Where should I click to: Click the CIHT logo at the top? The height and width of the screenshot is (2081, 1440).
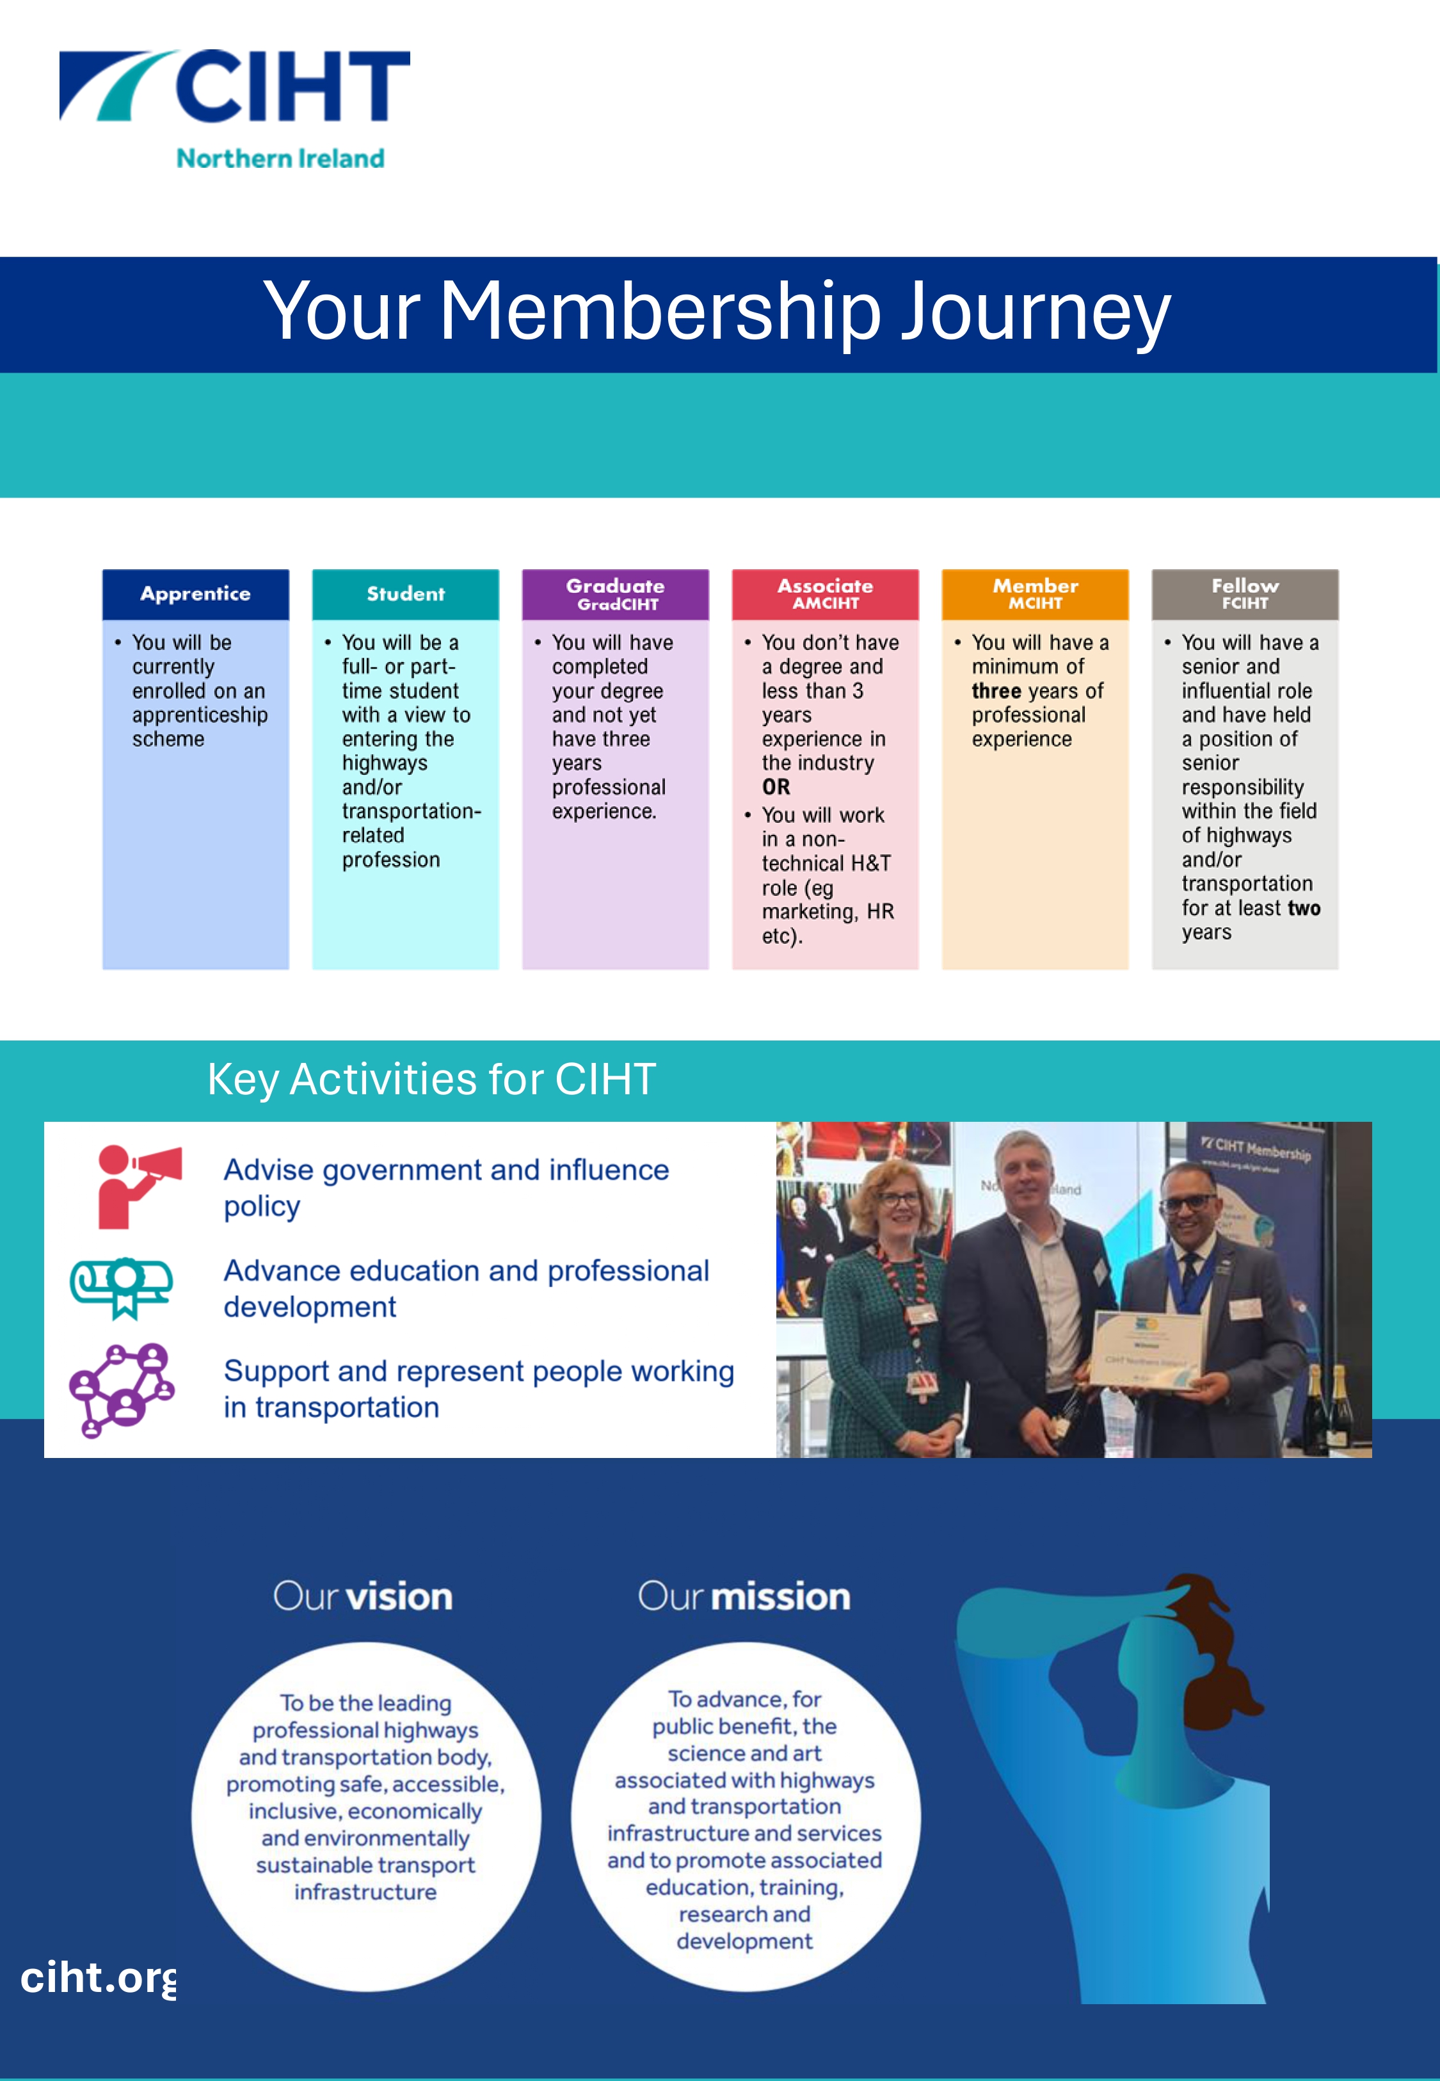coord(235,86)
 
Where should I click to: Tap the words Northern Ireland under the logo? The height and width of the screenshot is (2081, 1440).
coord(280,159)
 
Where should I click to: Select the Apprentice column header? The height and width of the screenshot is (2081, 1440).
coord(195,594)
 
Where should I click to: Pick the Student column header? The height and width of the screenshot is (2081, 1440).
coord(405,594)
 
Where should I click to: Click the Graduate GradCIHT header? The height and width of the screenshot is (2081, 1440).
coord(615,594)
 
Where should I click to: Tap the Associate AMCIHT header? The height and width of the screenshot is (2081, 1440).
coord(825,594)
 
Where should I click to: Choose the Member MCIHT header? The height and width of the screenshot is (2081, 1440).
coord(1035,594)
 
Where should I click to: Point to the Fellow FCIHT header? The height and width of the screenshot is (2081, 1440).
coord(1244,594)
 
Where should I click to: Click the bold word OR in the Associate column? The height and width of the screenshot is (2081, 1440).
coord(776,787)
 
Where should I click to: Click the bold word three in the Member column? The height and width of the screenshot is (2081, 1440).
coord(996,692)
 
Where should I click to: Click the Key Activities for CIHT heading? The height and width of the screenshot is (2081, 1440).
coord(431,1080)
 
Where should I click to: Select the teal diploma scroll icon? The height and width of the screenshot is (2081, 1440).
coord(122,1287)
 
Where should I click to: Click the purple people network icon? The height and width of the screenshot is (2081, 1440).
coord(122,1389)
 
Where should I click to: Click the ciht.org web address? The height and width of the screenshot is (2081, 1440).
coord(97,1977)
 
